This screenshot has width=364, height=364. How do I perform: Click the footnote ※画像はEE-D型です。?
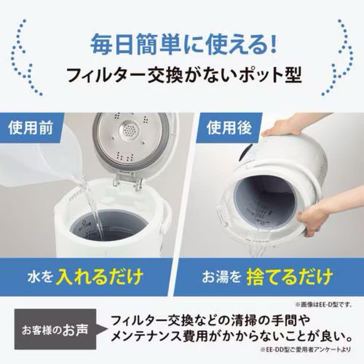(x=324, y=304)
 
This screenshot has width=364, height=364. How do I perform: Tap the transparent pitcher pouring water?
(x=44, y=162)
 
